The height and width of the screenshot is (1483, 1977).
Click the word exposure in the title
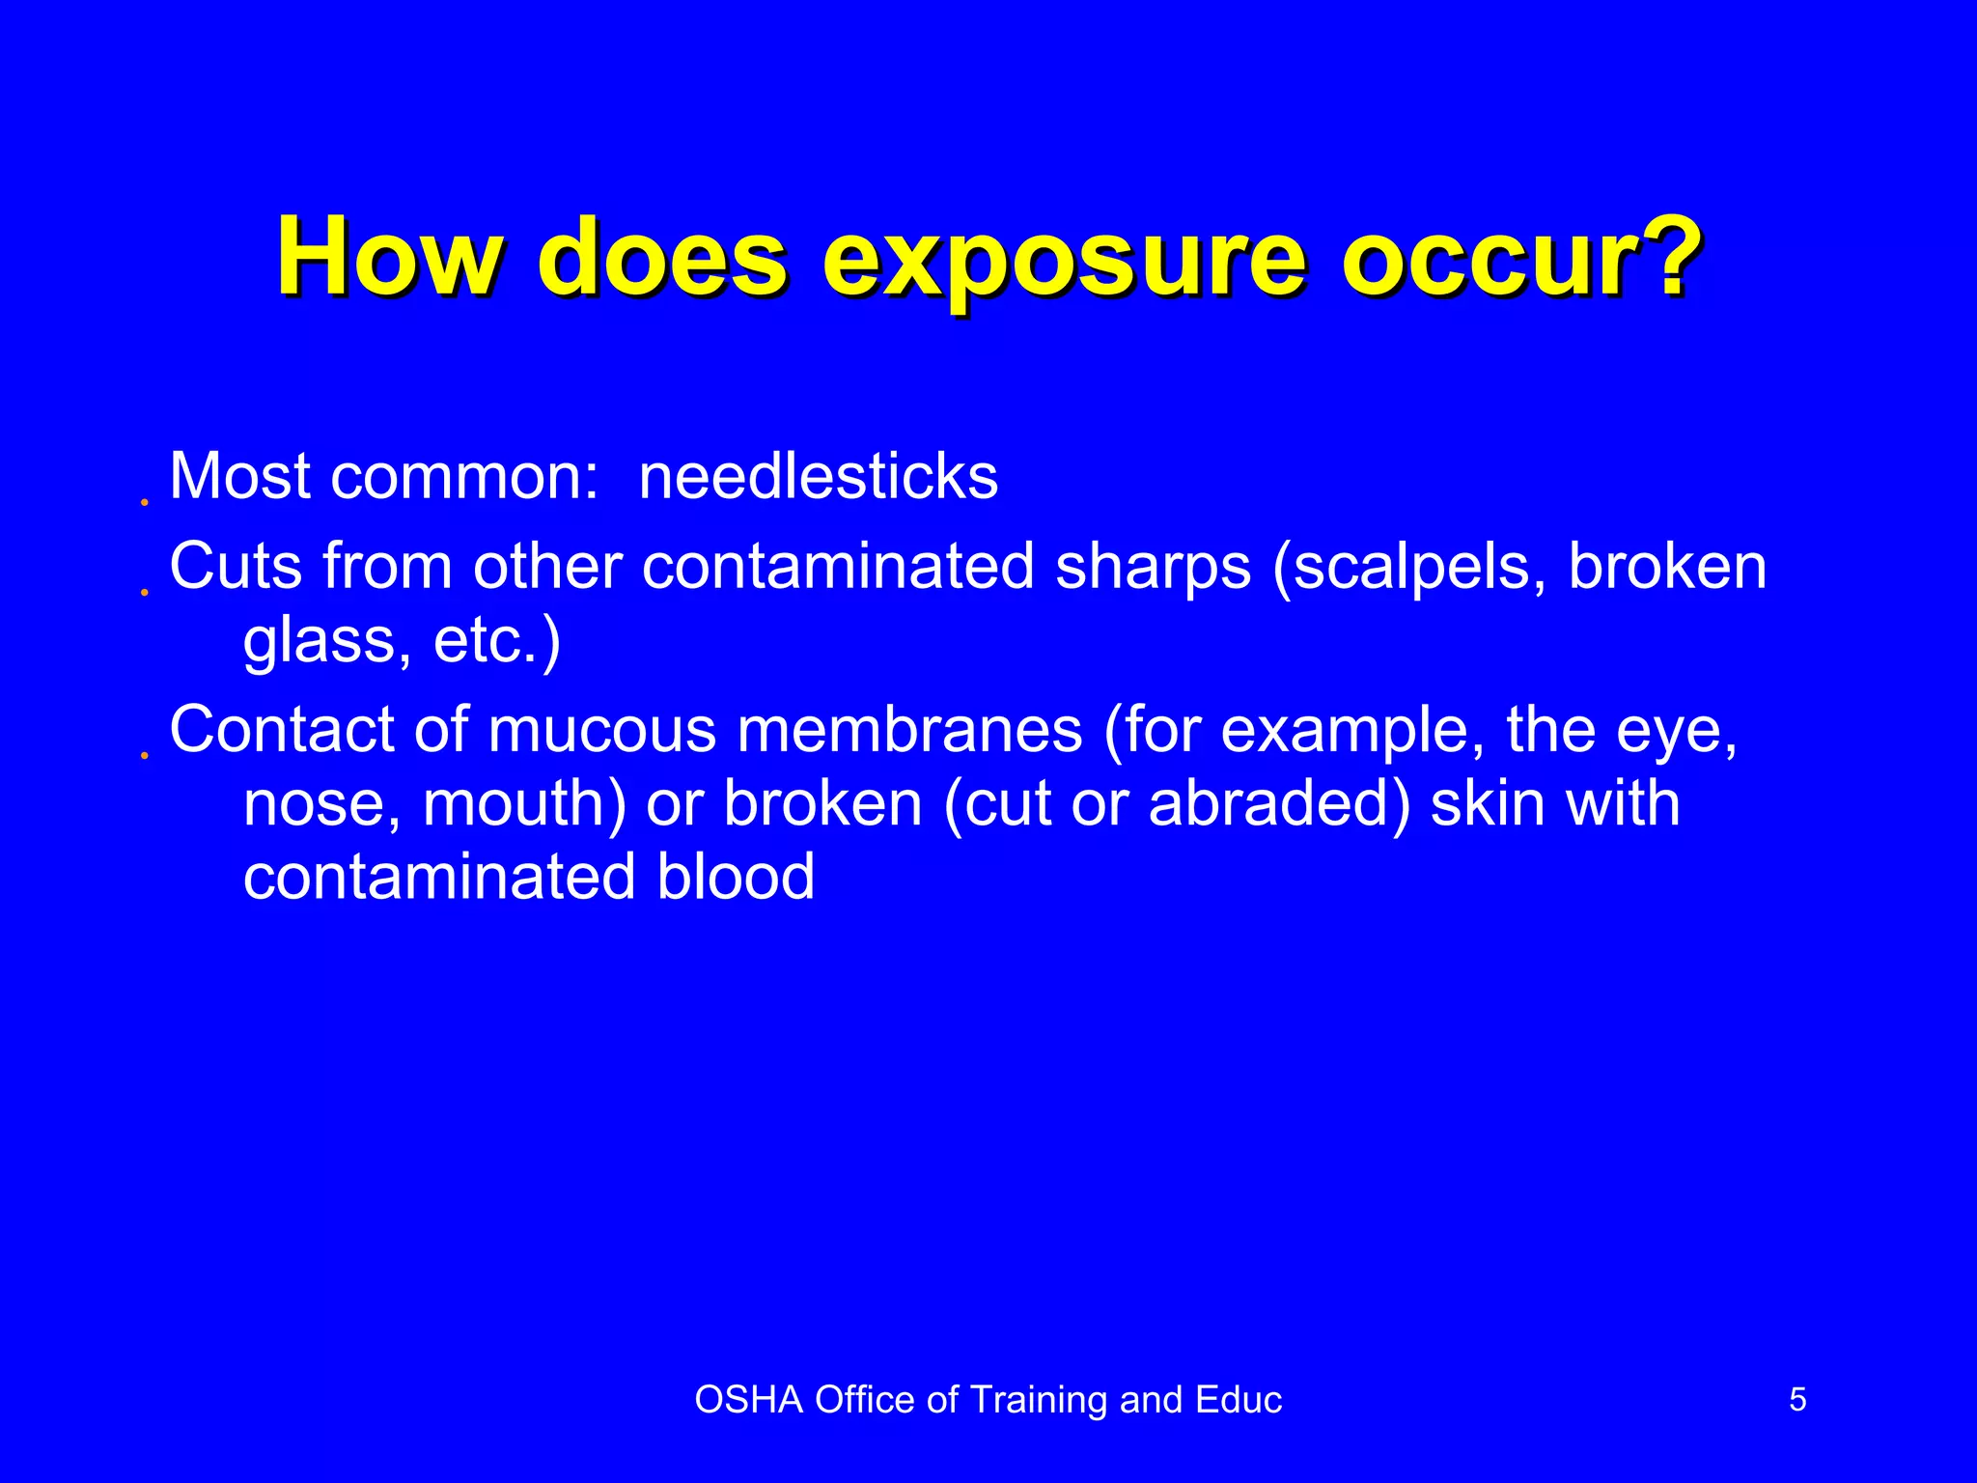click(x=1063, y=259)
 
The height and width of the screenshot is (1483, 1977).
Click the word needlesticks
click(x=818, y=477)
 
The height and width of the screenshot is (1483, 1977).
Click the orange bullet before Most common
click(x=144, y=503)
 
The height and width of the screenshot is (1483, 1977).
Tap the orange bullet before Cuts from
click(x=144, y=592)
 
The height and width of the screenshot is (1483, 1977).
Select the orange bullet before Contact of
click(x=144, y=755)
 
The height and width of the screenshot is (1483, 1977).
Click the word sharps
click(x=1154, y=567)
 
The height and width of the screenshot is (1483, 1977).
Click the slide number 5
click(x=1797, y=1399)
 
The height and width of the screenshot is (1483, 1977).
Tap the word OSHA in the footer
click(x=748, y=1400)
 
